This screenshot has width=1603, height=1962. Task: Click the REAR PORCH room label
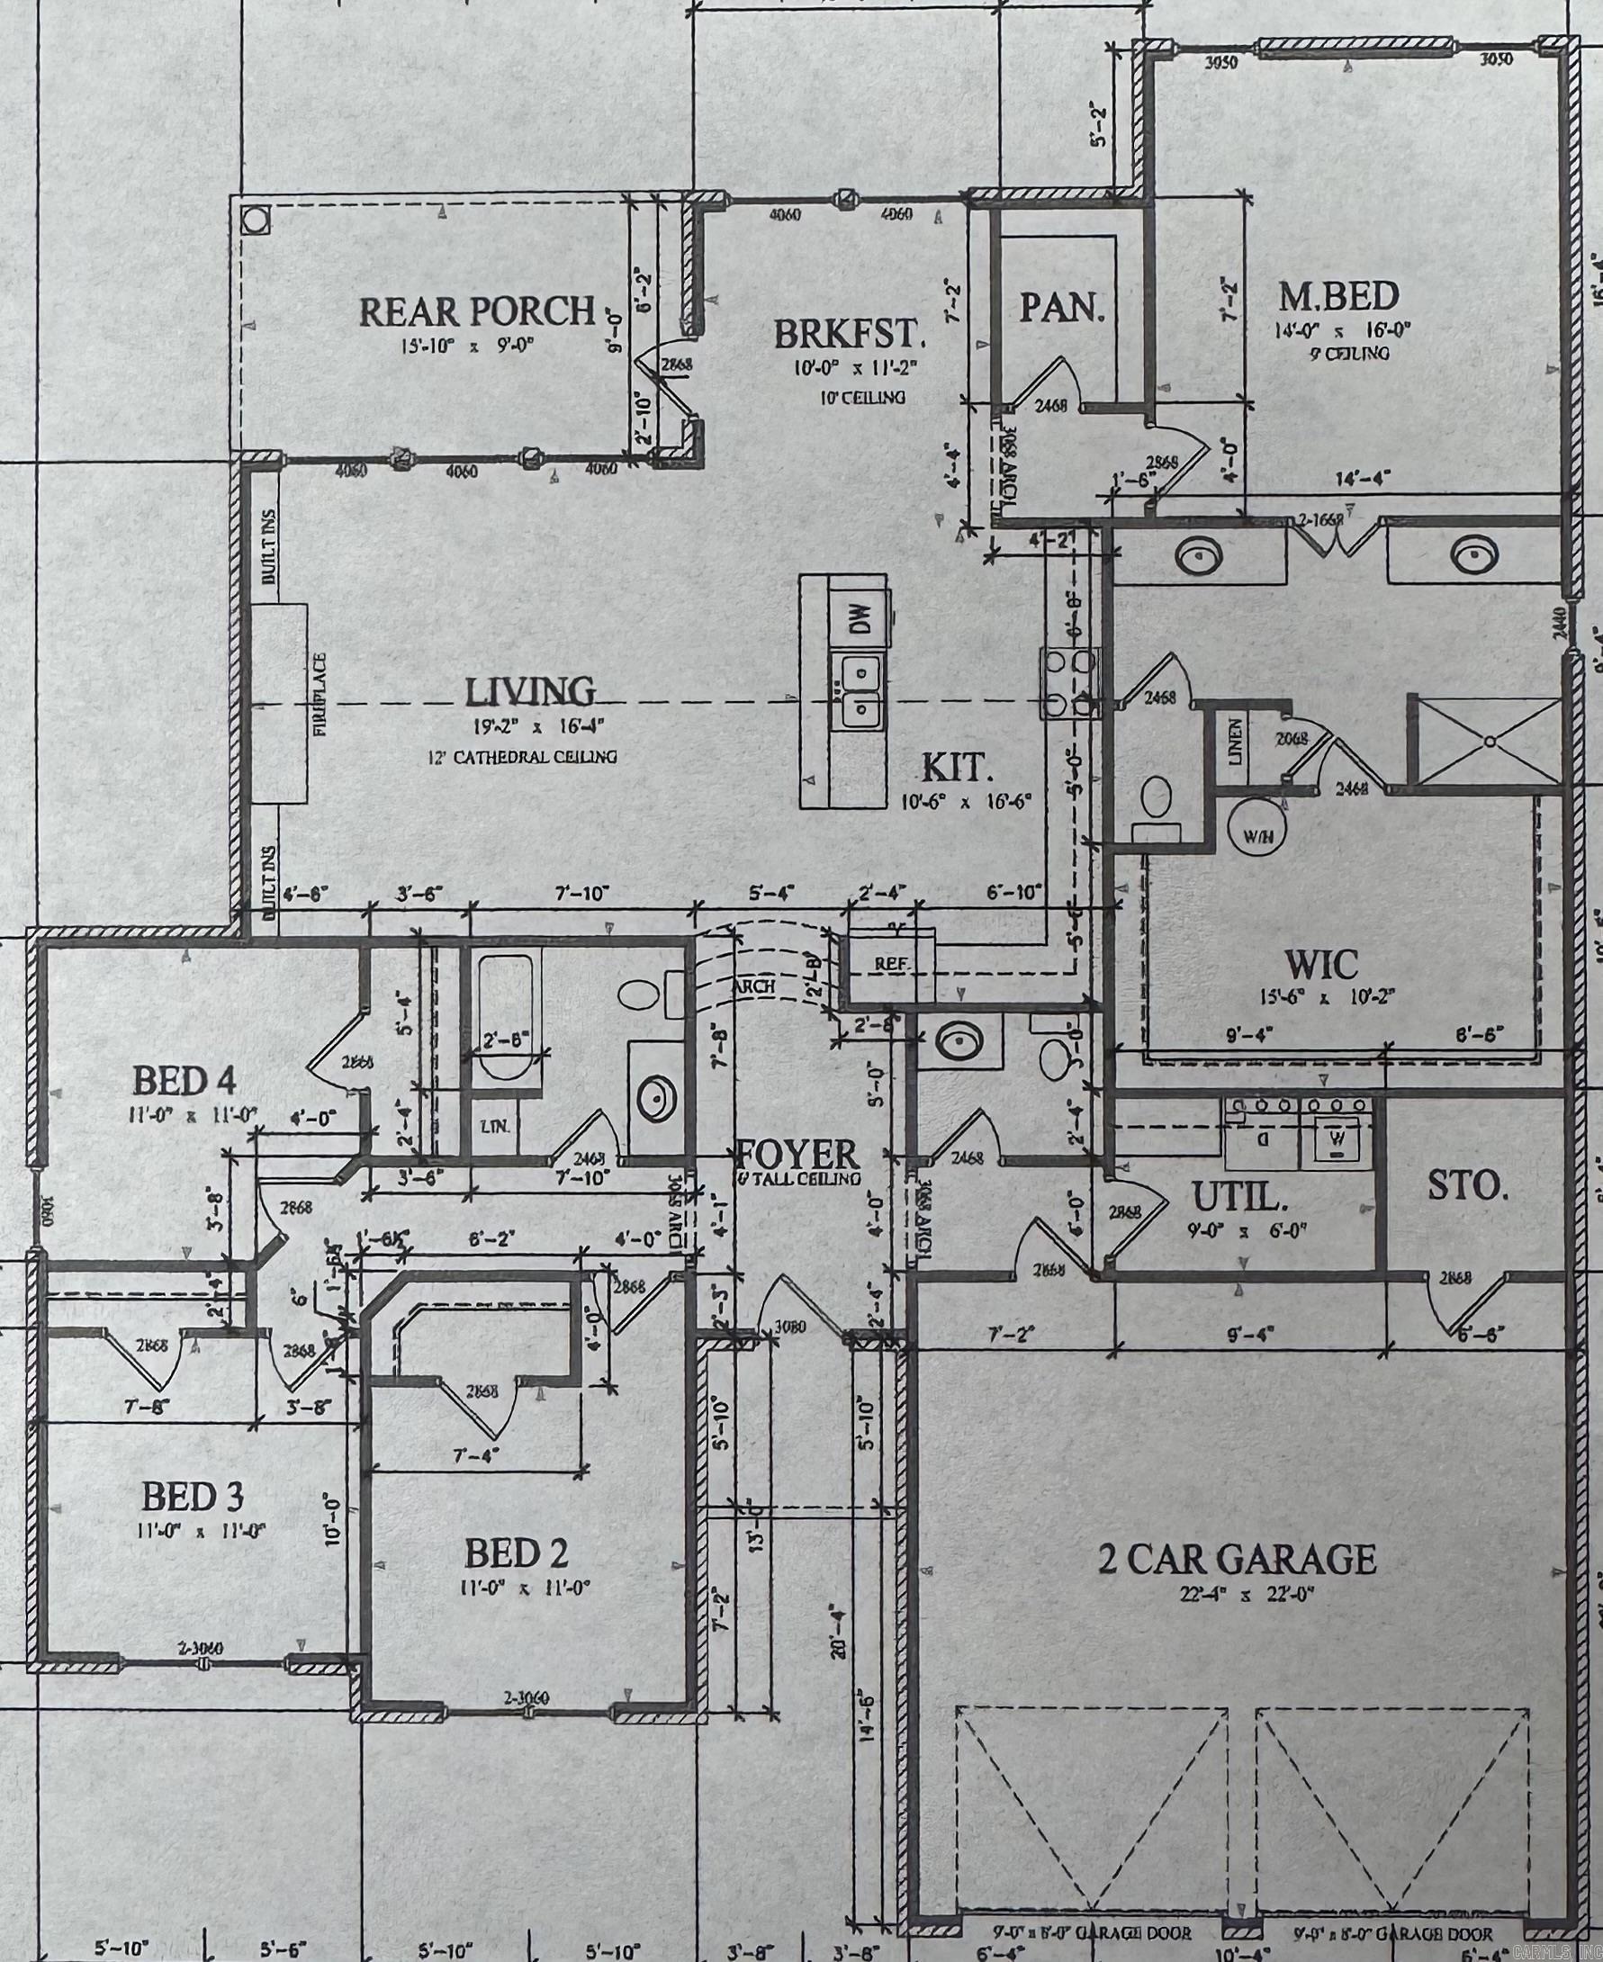pyautogui.click(x=475, y=311)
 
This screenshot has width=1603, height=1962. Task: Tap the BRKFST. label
pyautogui.click(x=849, y=333)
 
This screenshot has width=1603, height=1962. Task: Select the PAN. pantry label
pyautogui.click(x=1062, y=308)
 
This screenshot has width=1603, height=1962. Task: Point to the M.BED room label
pyautogui.click(x=1338, y=296)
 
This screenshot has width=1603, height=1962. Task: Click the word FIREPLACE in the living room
pyautogui.click(x=320, y=693)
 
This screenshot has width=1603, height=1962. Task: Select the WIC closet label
pyautogui.click(x=1322, y=966)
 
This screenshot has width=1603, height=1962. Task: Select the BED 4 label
pyautogui.click(x=185, y=1078)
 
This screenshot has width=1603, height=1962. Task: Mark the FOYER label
pyautogui.click(x=797, y=1154)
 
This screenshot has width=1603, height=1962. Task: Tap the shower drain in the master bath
pyautogui.click(x=1490, y=741)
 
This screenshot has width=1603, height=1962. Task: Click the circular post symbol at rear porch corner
pyautogui.click(x=253, y=220)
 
